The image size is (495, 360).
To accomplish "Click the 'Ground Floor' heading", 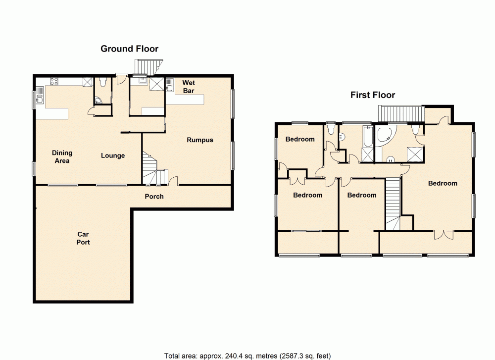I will pos(129,49).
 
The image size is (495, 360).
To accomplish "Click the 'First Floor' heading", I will pos(373,95).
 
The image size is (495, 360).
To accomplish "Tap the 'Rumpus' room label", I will pos(200,140).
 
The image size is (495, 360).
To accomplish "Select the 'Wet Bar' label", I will pos(188,87).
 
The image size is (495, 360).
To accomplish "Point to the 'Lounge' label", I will pos(113,155).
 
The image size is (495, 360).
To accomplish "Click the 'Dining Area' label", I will pos(62,156).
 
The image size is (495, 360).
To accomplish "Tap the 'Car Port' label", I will pos(83,238).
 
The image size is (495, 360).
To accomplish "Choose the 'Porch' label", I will pos(154,197).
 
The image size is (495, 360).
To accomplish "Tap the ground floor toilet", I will pos(102,83).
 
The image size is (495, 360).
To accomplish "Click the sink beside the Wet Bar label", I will pos(170,89).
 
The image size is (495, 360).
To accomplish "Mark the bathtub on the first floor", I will pos(368,137).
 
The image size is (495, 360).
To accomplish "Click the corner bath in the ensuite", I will pos(384,135).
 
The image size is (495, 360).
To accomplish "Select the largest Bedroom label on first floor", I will pos(443,183).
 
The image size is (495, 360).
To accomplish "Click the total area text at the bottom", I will pos(247,356).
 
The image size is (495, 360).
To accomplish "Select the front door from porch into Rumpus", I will pos(173,182).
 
